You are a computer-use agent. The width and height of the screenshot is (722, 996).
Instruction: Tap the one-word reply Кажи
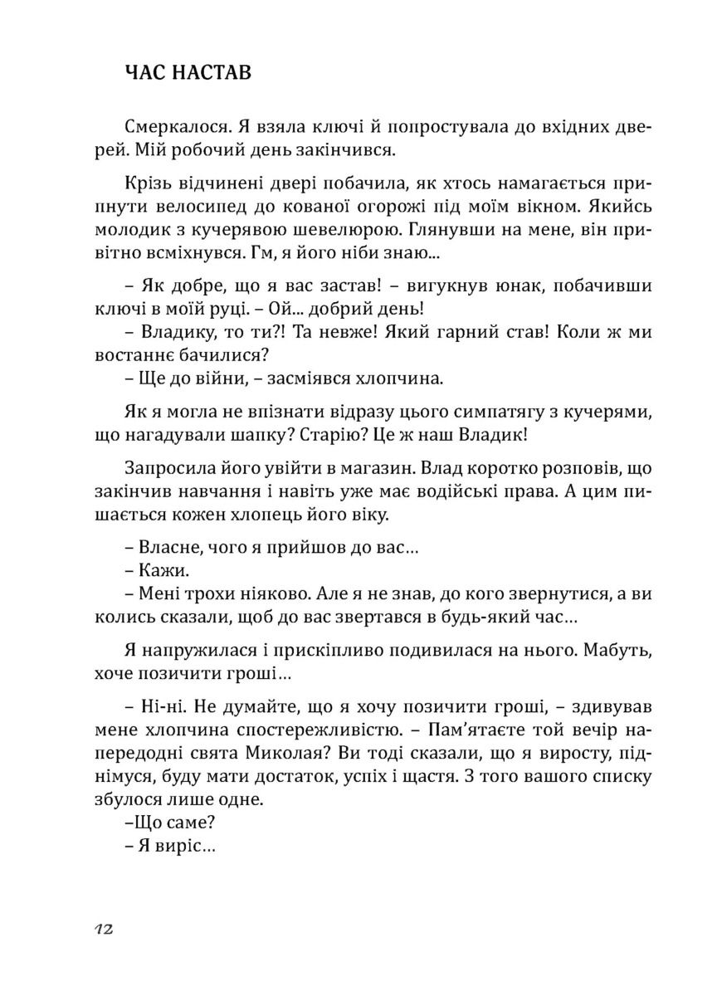click(160, 573)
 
